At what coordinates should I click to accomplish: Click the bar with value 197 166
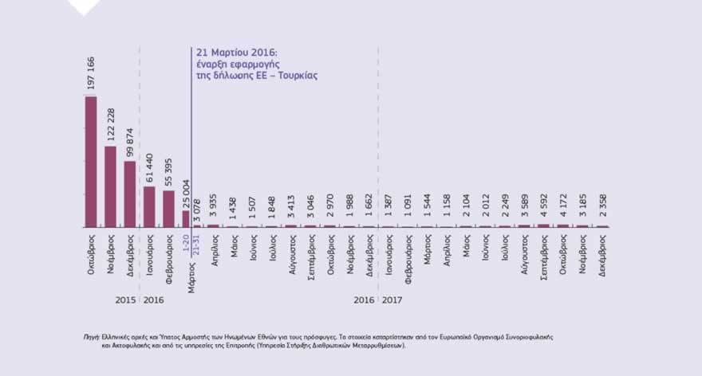(x=91, y=162)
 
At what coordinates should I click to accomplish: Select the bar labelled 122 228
(x=110, y=186)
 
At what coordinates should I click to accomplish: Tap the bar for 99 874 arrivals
(x=129, y=194)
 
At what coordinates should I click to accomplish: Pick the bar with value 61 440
(x=149, y=207)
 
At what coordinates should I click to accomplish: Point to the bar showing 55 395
(x=168, y=209)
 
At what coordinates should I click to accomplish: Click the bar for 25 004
(x=187, y=219)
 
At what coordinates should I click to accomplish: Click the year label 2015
(x=125, y=300)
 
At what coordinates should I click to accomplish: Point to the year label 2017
(x=391, y=300)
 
